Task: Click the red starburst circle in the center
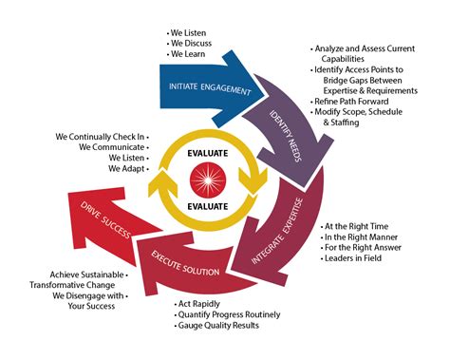click(207, 178)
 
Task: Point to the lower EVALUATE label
click(207, 206)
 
